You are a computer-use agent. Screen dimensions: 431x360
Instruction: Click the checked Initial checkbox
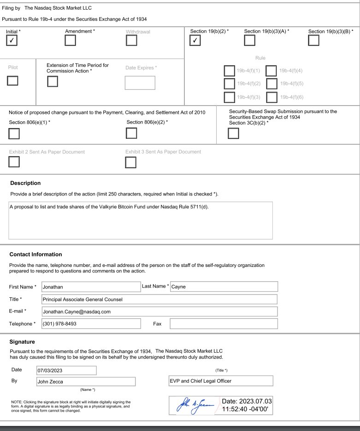click(x=12, y=41)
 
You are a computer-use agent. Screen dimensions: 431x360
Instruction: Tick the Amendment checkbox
click(x=71, y=41)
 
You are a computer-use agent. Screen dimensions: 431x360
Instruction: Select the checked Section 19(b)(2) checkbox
click(x=195, y=41)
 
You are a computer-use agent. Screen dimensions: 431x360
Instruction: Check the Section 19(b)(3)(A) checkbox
click(x=249, y=41)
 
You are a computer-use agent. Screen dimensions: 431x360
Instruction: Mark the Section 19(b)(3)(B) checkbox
click(x=313, y=41)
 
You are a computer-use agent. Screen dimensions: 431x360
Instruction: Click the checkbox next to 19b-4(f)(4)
click(x=271, y=71)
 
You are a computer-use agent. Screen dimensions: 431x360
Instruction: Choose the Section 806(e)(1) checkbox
click(x=14, y=134)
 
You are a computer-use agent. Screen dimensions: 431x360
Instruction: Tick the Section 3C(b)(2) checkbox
click(x=234, y=133)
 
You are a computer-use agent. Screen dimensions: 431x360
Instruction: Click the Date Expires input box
click(x=140, y=83)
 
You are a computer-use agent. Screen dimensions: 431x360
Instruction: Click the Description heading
click(x=25, y=183)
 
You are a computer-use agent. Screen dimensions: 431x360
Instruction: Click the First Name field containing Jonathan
click(x=90, y=287)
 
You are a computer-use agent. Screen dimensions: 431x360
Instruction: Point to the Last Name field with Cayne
click(x=224, y=287)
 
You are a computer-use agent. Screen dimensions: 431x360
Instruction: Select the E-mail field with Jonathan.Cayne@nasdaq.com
click(x=159, y=312)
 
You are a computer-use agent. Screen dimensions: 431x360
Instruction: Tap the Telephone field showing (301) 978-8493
click(x=90, y=324)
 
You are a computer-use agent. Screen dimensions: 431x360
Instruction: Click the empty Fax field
click(x=224, y=324)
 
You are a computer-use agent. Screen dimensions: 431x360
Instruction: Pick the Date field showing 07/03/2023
click(x=66, y=370)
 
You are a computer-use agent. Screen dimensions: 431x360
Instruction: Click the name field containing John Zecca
click(x=86, y=382)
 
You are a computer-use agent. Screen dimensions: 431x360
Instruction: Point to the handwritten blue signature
click(x=195, y=405)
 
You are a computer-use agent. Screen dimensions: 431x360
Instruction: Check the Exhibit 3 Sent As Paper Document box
click(x=131, y=162)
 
